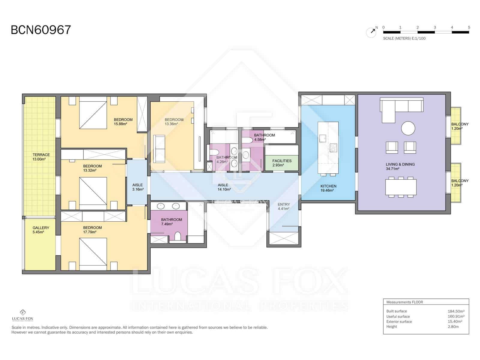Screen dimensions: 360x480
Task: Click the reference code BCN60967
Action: pyautogui.click(x=41, y=30)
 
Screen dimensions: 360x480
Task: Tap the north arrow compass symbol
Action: pyautogui.click(x=371, y=32)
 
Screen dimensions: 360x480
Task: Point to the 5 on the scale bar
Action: pyautogui.click(x=469, y=27)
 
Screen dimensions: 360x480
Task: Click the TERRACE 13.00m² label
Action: pyautogui.click(x=41, y=157)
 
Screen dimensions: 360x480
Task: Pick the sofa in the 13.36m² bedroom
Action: pyautogui.click(x=159, y=149)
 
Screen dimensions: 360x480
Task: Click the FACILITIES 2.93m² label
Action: pyautogui.click(x=282, y=163)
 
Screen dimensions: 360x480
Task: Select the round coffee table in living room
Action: pyautogui.click(x=408, y=128)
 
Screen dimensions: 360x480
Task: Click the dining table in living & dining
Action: pyautogui.click(x=401, y=187)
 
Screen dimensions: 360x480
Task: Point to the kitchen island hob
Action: pyautogui.click(x=333, y=148)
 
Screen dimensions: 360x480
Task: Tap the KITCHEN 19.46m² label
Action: pyautogui.click(x=328, y=188)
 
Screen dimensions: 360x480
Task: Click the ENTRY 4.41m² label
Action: pyautogui.click(x=283, y=206)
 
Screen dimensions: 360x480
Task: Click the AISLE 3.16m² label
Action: pyautogui.click(x=138, y=187)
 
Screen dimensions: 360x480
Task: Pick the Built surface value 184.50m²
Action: pyautogui.click(x=456, y=311)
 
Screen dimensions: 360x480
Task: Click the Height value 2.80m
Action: pyautogui.click(x=453, y=326)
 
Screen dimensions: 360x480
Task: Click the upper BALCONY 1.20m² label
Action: pyautogui.click(x=459, y=126)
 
